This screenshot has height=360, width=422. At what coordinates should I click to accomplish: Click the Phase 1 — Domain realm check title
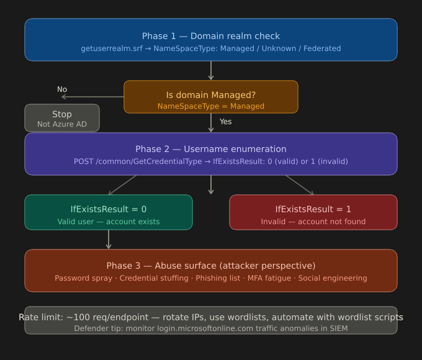(x=211, y=36)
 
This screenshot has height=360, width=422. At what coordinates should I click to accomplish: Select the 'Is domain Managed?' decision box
(x=211, y=97)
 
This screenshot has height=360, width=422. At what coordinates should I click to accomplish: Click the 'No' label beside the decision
(x=62, y=89)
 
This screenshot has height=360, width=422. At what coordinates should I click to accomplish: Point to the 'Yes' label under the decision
(x=225, y=122)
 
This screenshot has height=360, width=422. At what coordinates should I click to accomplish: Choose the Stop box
(x=62, y=118)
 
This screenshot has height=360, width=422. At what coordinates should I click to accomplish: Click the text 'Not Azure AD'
(x=62, y=124)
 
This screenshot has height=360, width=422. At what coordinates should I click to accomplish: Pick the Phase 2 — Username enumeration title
(x=211, y=149)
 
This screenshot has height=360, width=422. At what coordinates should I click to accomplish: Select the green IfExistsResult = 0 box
(x=109, y=212)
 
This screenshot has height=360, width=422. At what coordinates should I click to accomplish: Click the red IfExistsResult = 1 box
(x=313, y=212)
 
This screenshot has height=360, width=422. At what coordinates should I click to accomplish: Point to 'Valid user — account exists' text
(x=109, y=222)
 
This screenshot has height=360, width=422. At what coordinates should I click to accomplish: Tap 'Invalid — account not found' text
(x=313, y=222)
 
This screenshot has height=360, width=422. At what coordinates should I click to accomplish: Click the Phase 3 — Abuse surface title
(x=211, y=266)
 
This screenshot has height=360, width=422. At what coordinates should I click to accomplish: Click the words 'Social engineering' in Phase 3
(x=333, y=278)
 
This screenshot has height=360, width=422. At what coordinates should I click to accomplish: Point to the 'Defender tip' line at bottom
(x=211, y=328)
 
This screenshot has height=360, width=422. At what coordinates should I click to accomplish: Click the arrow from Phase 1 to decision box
(x=211, y=71)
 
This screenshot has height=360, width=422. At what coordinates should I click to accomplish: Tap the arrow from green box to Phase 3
(x=109, y=240)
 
